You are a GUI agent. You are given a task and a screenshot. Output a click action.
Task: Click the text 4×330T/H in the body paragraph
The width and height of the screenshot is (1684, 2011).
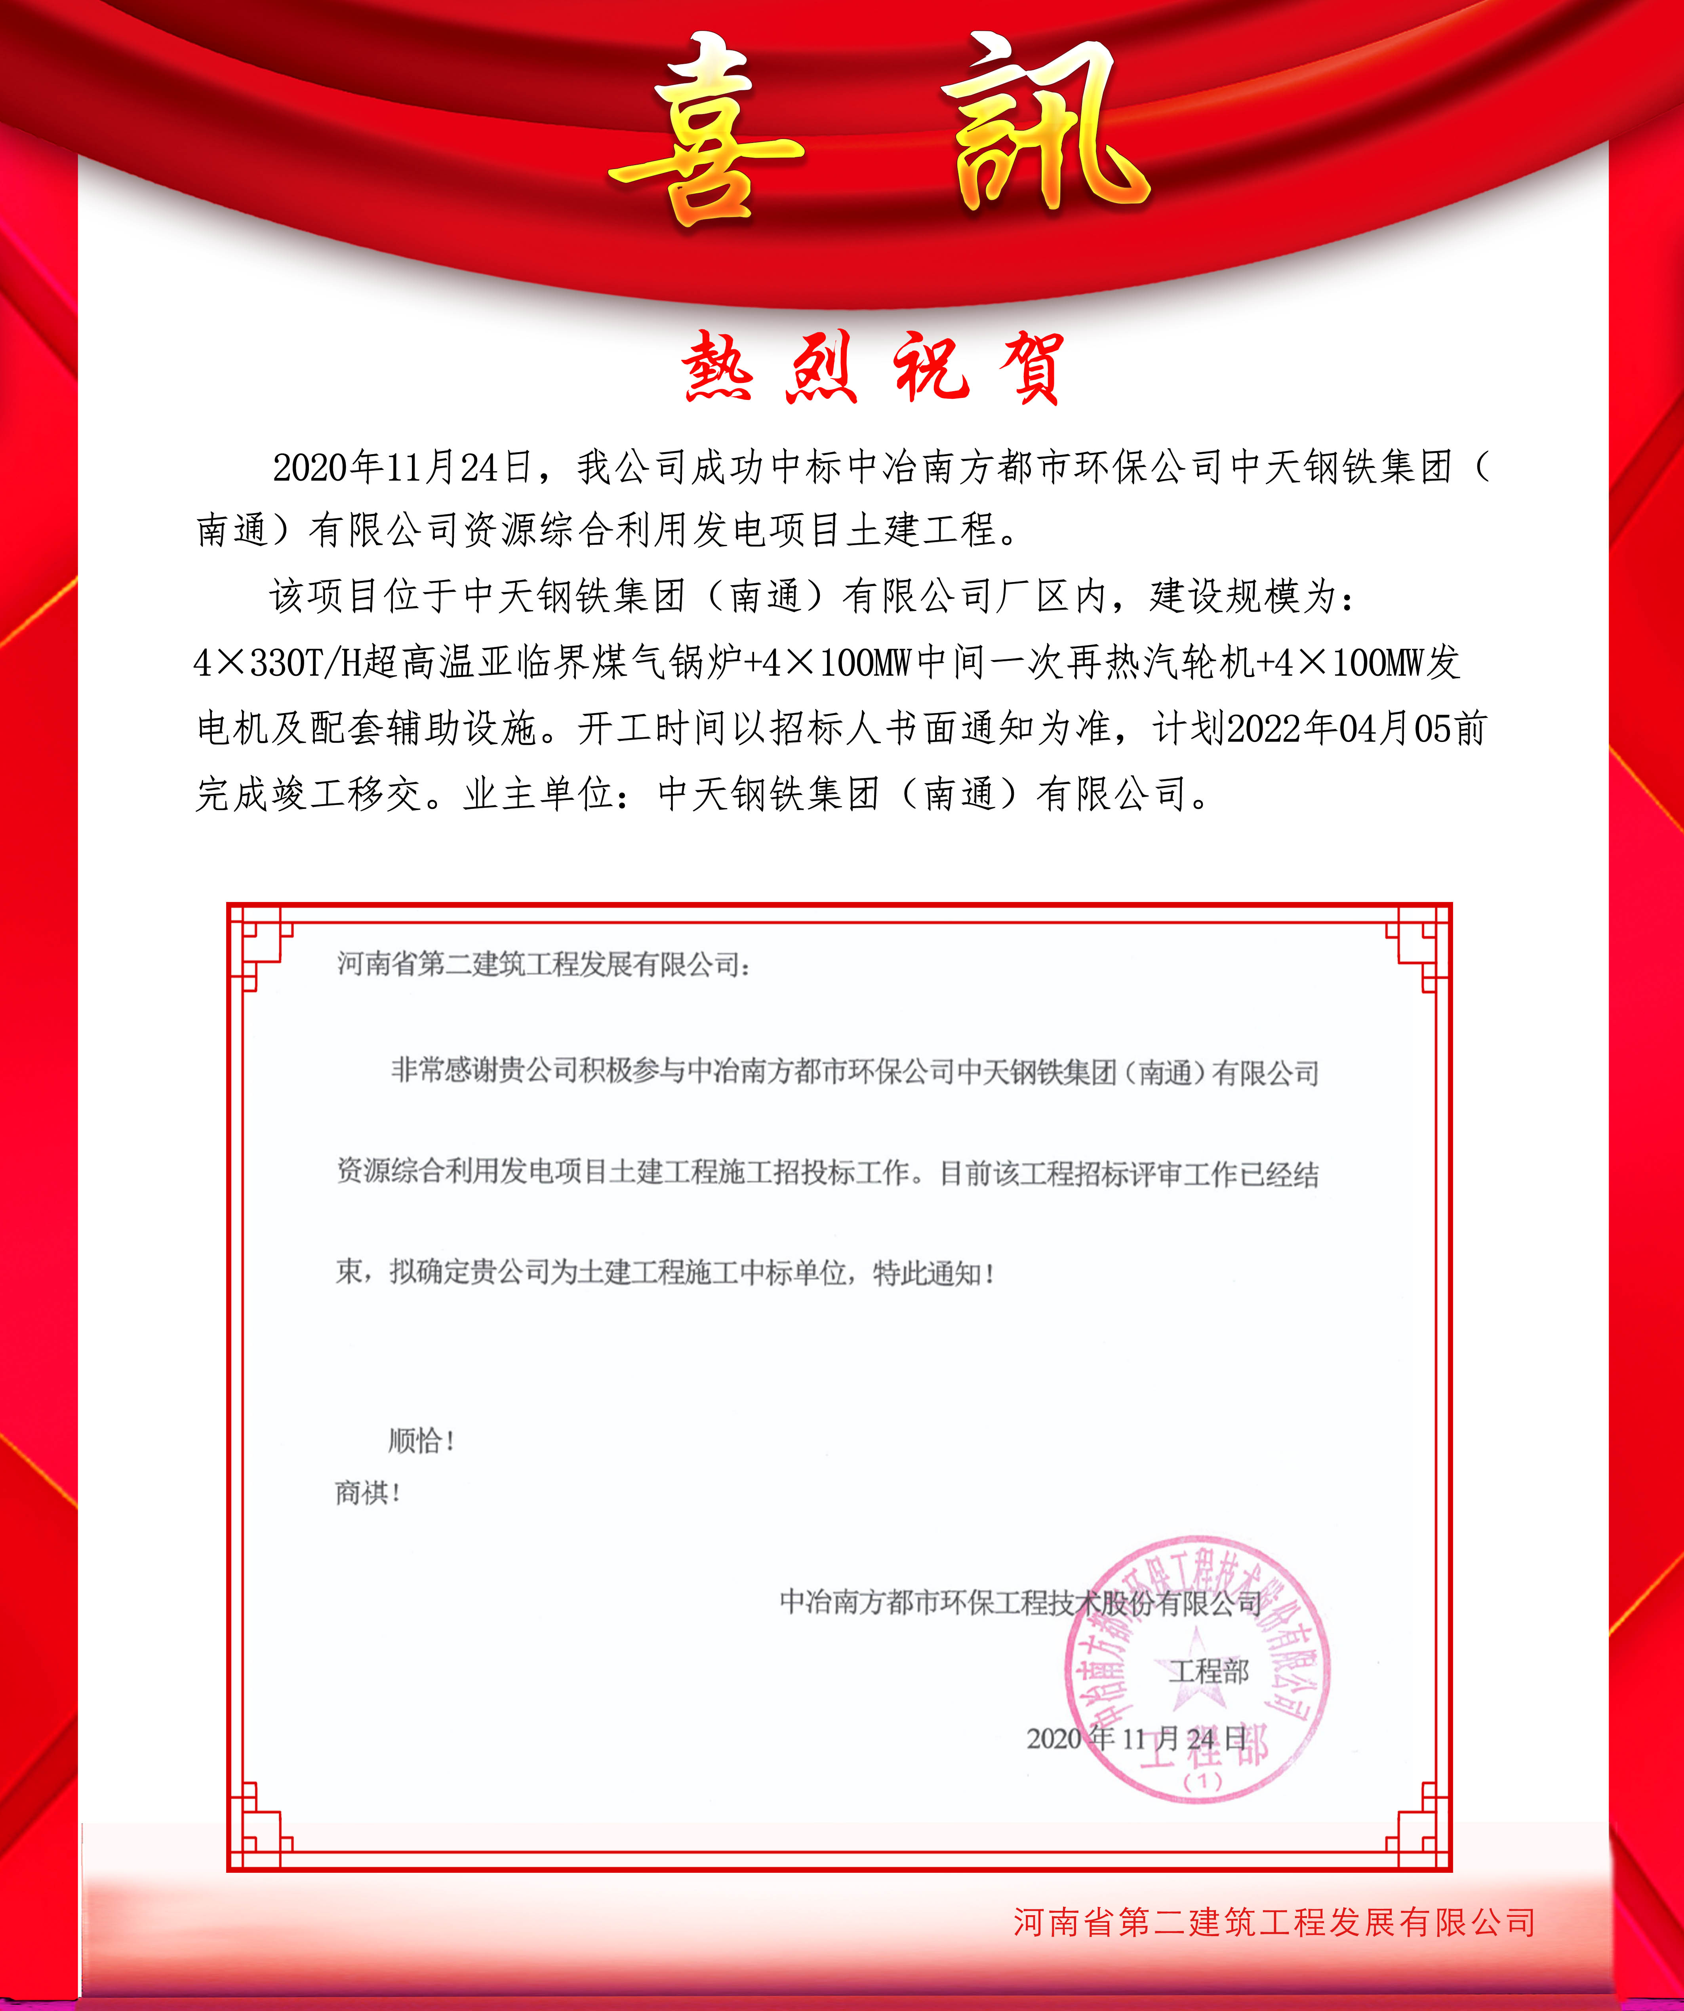pyautogui.click(x=278, y=663)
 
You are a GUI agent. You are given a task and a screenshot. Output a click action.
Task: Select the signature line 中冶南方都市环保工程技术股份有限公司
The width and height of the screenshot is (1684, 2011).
pyautogui.click(x=1020, y=1602)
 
